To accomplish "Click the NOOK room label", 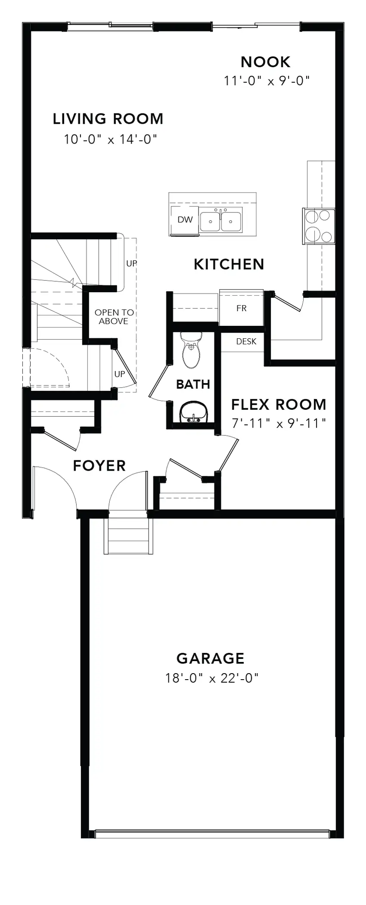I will (265, 62).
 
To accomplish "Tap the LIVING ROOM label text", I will (108, 119).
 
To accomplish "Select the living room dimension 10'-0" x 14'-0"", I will (110, 139).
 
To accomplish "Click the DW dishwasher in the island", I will (185, 220).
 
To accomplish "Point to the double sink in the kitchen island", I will (220, 220).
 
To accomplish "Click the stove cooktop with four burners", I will (319, 226).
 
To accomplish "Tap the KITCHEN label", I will (229, 264).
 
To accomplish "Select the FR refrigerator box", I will (241, 308).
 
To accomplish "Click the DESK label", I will (246, 341).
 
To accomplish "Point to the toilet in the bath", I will (191, 350).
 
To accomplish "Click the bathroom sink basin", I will (193, 413).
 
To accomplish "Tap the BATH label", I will (193, 384).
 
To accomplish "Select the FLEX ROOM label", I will (279, 405).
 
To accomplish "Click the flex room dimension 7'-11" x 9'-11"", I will (279, 423).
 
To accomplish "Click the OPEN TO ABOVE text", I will (114, 317).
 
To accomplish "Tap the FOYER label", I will (99, 466).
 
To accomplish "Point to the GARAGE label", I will (211, 658).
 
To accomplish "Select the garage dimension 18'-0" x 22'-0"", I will (211, 678).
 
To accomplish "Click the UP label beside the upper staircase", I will (132, 263).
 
